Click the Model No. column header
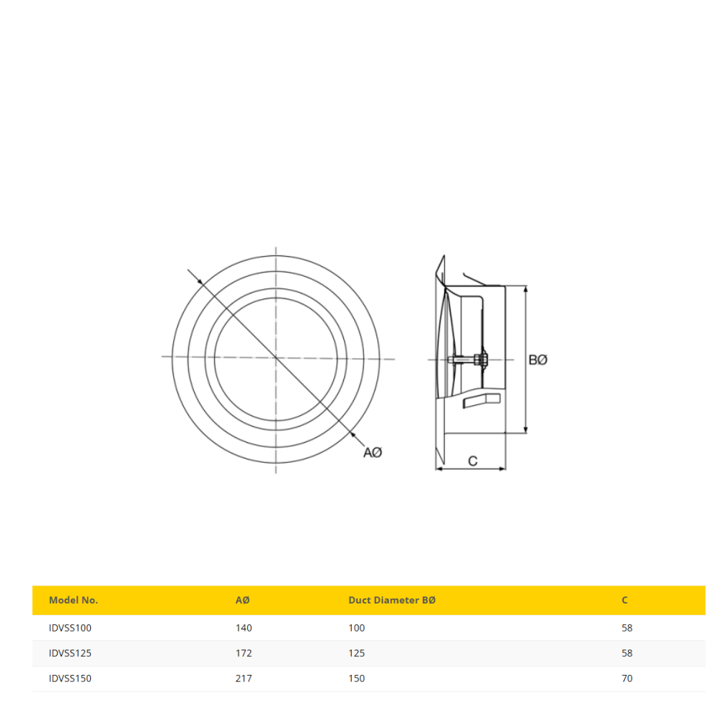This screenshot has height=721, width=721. [73, 600]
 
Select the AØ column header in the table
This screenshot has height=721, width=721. [243, 600]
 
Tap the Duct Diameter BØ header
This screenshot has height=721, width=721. [392, 600]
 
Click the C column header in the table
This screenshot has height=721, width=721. [624, 600]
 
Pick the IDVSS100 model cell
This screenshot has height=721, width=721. [70, 628]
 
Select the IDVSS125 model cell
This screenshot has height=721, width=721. [70, 653]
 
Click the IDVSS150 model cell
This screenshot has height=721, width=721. [70, 678]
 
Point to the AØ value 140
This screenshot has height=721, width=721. [244, 628]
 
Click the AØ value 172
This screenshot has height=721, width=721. [244, 653]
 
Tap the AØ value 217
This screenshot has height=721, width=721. [244, 678]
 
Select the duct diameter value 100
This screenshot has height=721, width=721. [356, 628]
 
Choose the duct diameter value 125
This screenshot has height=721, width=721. [356, 653]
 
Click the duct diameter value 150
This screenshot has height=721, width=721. [356, 678]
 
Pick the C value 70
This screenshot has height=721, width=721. [627, 678]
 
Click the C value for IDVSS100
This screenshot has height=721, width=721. [627, 628]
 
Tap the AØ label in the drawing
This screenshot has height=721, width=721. [372, 452]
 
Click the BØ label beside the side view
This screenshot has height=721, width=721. [538, 359]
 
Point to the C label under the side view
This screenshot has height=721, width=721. [473, 461]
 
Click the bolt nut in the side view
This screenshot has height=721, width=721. [482, 359]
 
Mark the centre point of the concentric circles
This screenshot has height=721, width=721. [275, 357]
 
